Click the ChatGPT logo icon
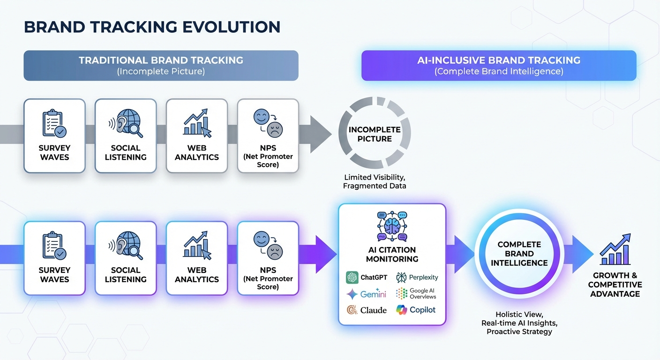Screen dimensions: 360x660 tap(352, 277)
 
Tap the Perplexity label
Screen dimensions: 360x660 tap(423, 277)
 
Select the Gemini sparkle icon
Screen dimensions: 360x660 tap(352, 294)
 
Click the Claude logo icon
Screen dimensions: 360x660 tap(352, 310)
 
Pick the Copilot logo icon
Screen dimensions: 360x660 tap(401, 310)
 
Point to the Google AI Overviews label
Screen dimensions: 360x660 tap(422, 294)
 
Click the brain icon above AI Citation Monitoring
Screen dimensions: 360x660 tap(392, 226)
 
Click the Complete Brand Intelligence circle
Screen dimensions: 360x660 tap(519, 254)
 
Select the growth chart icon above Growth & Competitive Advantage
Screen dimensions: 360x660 tap(615, 251)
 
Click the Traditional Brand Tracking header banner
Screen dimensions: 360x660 tap(161, 66)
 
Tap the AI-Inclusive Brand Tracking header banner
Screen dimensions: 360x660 tap(499, 66)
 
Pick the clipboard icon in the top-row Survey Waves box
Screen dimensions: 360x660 tap(53, 123)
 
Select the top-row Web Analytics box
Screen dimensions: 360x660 tap(197, 136)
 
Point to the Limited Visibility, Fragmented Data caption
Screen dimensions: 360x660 tap(375, 182)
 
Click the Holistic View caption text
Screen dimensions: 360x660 tap(519, 314)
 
